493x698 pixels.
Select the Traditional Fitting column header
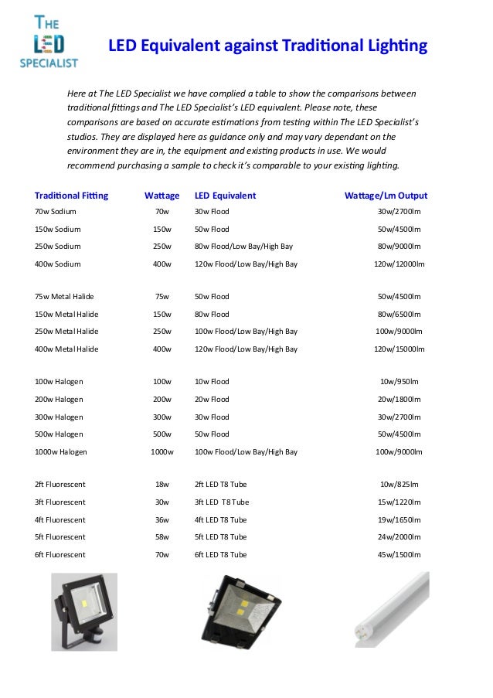coord(72,196)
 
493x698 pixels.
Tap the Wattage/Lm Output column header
coord(386,196)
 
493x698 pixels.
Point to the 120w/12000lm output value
coord(399,264)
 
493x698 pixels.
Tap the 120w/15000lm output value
coord(399,349)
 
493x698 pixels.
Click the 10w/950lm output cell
coord(399,382)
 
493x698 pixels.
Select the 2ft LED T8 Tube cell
coord(221,484)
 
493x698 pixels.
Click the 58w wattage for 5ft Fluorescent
coord(162,536)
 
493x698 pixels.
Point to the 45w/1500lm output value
coord(399,555)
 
